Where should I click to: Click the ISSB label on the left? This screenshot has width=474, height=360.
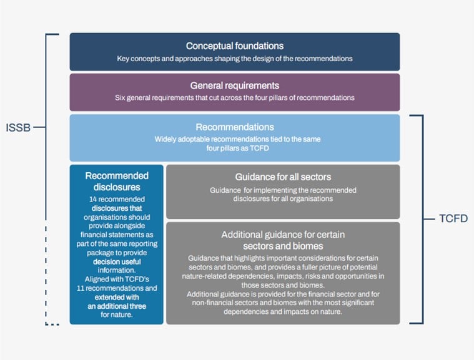(x=18, y=127)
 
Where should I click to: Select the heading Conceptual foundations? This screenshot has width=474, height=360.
(x=235, y=46)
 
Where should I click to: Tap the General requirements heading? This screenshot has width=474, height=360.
(x=235, y=85)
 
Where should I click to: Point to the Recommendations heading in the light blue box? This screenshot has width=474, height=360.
(x=235, y=127)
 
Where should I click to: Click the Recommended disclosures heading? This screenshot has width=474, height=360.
(x=117, y=181)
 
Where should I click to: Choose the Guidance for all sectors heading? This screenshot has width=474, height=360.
(x=283, y=177)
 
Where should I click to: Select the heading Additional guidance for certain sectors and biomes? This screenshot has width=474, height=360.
(x=283, y=240)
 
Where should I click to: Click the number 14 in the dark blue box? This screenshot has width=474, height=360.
(x=93, y=199)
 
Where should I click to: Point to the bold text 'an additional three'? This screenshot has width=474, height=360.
(x=117, y=306)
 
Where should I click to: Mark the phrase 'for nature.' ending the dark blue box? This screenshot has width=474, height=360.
(x=117, y=315)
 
